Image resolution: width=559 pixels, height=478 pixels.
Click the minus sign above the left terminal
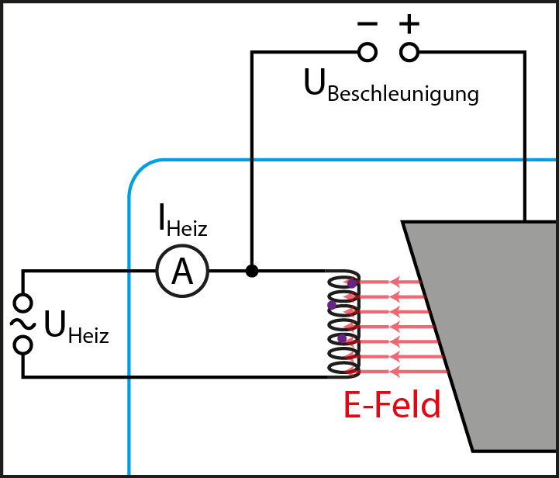367,23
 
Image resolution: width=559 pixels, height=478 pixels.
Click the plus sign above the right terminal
409,23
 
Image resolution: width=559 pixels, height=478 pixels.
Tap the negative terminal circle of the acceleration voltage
367,52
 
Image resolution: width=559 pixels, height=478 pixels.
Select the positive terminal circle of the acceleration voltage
409,52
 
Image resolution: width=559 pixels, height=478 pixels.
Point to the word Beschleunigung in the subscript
403,95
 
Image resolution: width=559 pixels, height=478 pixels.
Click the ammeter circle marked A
182,272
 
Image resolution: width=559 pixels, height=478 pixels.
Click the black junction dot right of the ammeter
251,271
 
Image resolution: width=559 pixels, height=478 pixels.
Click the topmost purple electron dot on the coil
351,283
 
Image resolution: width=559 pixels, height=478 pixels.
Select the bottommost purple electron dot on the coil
342,338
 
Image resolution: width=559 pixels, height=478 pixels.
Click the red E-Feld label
392,404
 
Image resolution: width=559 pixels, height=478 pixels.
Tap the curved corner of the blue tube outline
140,171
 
